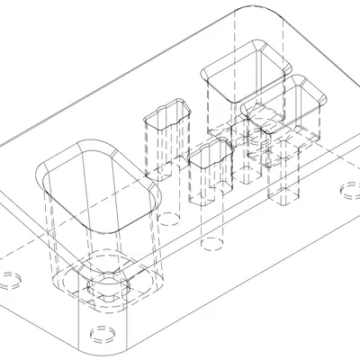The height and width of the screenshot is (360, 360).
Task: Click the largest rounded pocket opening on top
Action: (x=97, y=184)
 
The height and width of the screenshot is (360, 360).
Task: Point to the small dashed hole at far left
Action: (x=10, y=277)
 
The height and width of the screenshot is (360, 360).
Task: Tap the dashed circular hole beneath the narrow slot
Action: (x=168, y=215)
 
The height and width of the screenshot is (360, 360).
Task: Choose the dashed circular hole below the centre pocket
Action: (x=212, y=243)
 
